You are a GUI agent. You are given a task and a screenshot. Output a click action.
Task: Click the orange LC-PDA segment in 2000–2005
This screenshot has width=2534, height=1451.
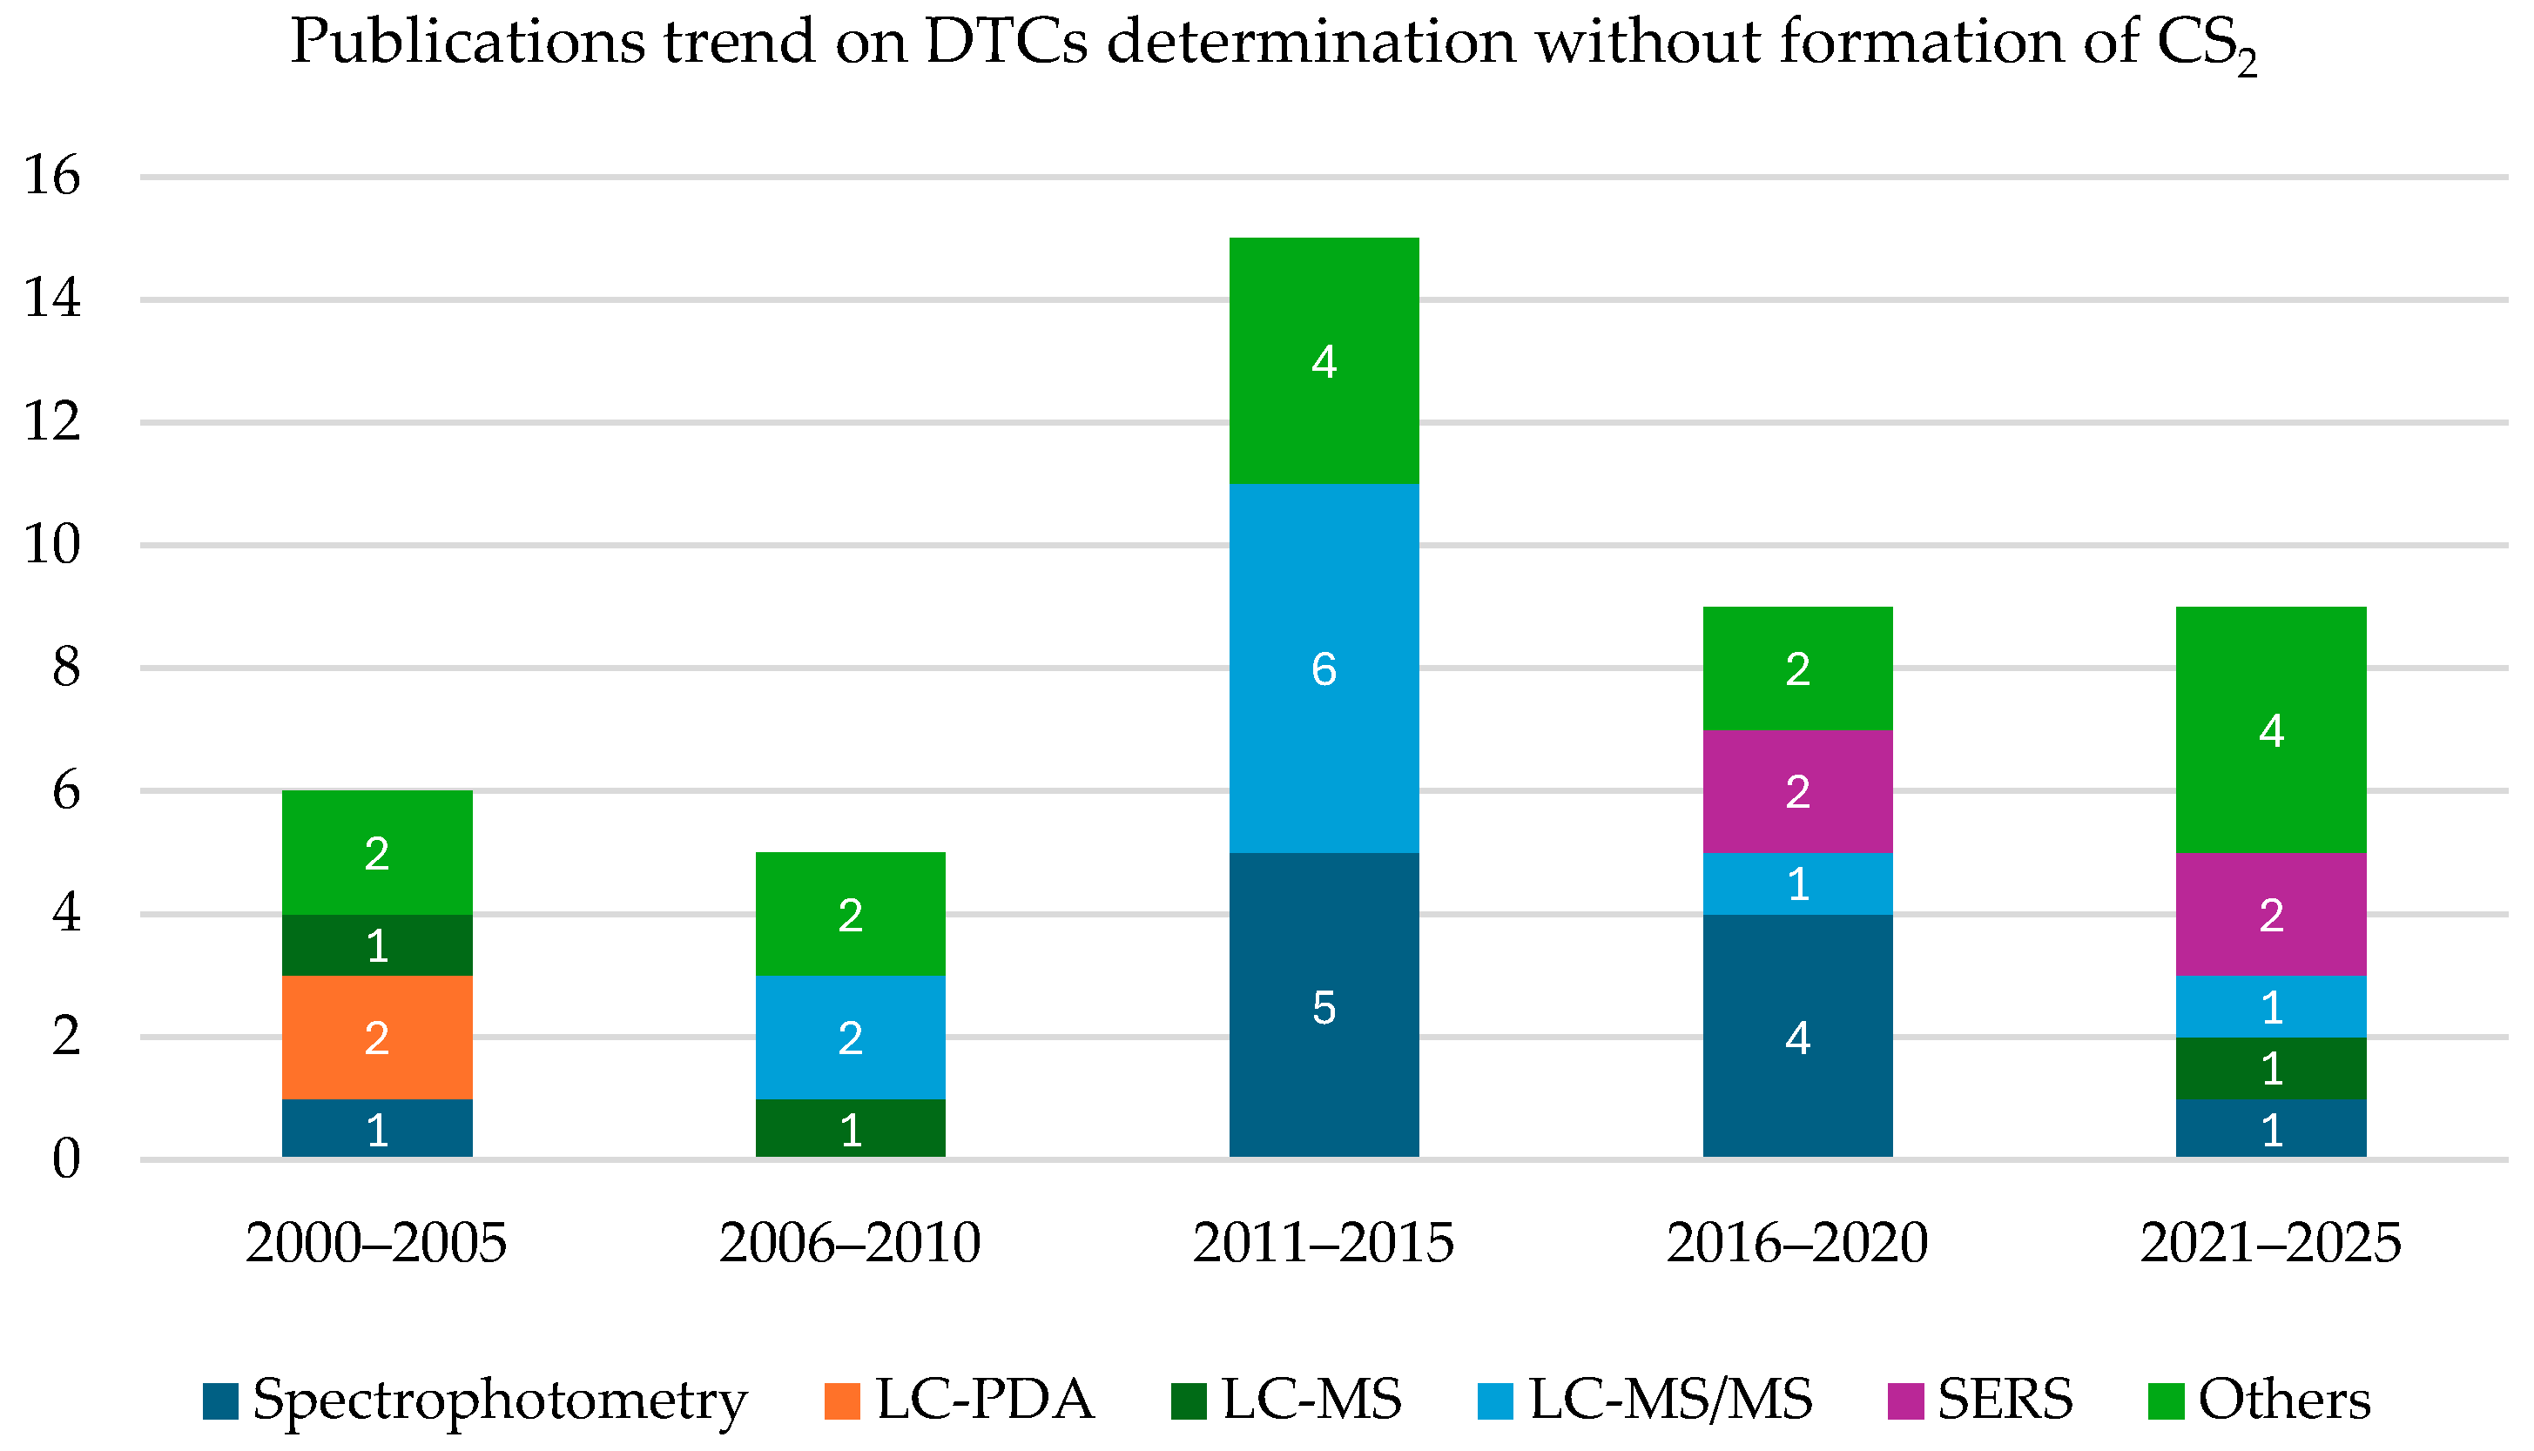377,1038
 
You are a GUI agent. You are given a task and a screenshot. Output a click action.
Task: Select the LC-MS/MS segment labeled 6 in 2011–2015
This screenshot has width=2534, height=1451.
1324,668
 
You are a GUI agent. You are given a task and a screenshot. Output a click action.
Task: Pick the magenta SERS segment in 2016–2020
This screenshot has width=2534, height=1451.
1797,791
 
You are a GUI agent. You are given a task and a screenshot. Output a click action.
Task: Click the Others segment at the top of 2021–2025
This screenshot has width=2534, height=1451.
2271,729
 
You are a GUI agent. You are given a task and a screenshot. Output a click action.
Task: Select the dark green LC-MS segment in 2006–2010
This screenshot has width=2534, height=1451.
850,1128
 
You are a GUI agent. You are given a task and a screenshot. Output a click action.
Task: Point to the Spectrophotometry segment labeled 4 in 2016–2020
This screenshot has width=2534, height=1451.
1797,1037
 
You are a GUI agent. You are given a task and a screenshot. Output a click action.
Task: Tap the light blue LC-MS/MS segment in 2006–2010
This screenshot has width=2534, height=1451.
850,1038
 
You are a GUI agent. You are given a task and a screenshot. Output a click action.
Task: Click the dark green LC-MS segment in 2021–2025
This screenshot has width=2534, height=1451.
2271,1068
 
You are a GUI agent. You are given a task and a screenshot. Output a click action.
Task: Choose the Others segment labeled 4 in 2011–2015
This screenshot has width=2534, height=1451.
1324,360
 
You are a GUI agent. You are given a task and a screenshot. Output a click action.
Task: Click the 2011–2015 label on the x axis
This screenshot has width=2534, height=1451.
1324,1244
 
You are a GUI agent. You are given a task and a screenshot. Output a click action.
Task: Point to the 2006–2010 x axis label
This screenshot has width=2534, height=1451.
850,1244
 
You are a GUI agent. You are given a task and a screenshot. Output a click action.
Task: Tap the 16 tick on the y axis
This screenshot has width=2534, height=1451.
52,177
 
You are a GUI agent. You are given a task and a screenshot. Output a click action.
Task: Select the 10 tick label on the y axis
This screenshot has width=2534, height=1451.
52,545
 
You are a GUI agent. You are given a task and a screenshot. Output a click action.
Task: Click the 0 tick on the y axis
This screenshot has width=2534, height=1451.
66,1159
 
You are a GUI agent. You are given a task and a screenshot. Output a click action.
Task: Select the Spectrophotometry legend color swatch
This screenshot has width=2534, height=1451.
220,1401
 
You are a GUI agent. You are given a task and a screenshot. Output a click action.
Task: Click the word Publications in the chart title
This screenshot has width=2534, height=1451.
468,42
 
